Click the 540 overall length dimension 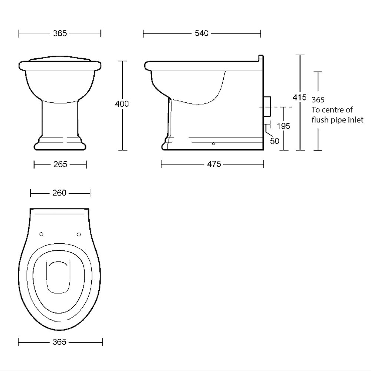(x=202, y=34)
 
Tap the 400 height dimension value (x=122, y=104)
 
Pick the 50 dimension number (x=275, y=141)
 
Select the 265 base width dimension (x=60, y=164)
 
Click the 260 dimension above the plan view (x=59, y=193)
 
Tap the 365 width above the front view (x=60, y=34)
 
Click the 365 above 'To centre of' (x=318, y=100)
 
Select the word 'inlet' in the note (x=355, y=120)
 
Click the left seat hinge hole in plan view (x=41, y=234)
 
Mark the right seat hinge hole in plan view (x=79, y=234)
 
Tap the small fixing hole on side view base (x=214, y=143)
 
